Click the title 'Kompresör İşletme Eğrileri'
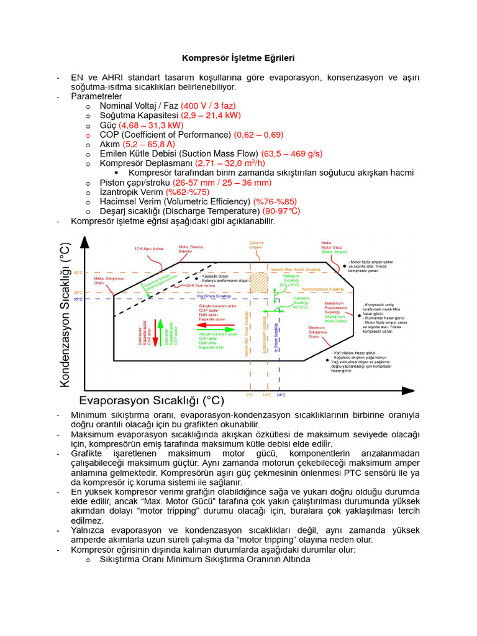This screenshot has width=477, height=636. tap(238, 58)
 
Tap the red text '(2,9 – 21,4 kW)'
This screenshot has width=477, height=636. tap(211, 116)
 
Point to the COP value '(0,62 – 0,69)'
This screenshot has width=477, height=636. tap(258, 135)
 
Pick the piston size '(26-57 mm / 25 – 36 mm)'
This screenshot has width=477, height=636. tap(222, 183)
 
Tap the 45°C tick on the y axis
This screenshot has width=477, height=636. tap(78, 273)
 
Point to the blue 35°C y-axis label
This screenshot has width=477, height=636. tap(78, 299)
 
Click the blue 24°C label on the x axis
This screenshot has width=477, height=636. tap(281, 395)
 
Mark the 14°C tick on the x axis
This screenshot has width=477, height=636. tap(266, 395)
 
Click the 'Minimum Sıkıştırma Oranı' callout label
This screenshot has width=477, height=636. tap(317, 332)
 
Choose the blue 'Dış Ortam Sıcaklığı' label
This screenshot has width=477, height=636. tap(213, 297)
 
